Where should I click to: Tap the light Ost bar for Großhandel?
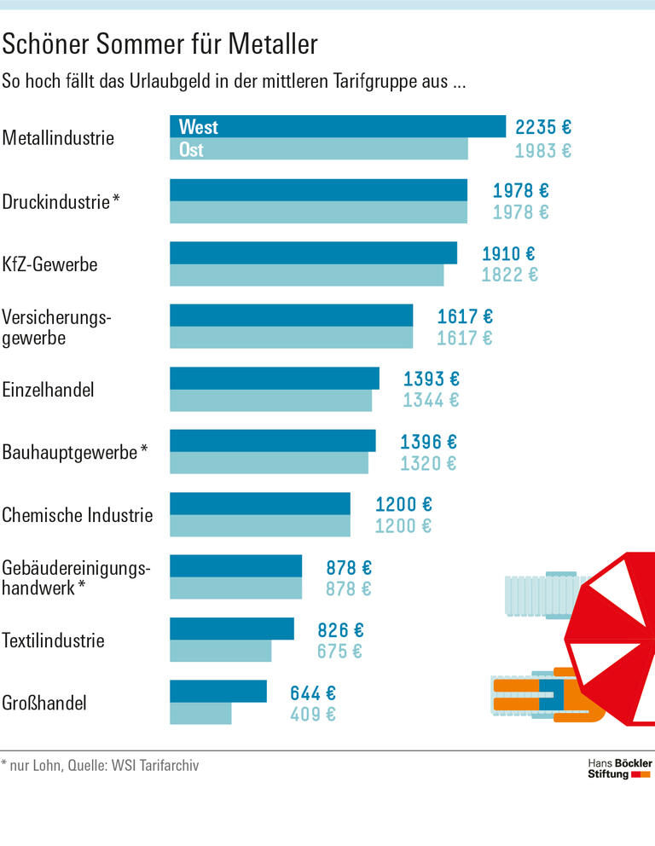200,714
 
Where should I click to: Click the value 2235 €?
542,127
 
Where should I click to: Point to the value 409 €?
313,715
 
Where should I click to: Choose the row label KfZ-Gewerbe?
49,264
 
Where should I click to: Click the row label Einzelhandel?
48,391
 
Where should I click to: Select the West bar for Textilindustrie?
232,629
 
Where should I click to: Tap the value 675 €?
339,652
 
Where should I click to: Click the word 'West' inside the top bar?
198,127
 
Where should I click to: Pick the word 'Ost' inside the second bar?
191,150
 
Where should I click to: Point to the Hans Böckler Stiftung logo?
619,768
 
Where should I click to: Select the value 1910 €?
508,253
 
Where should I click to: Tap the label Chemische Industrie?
78,515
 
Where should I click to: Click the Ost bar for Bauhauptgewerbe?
269,463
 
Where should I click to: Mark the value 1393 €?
431,379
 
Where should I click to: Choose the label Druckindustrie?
56,202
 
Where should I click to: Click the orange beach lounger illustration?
546,692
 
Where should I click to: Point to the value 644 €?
313,692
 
